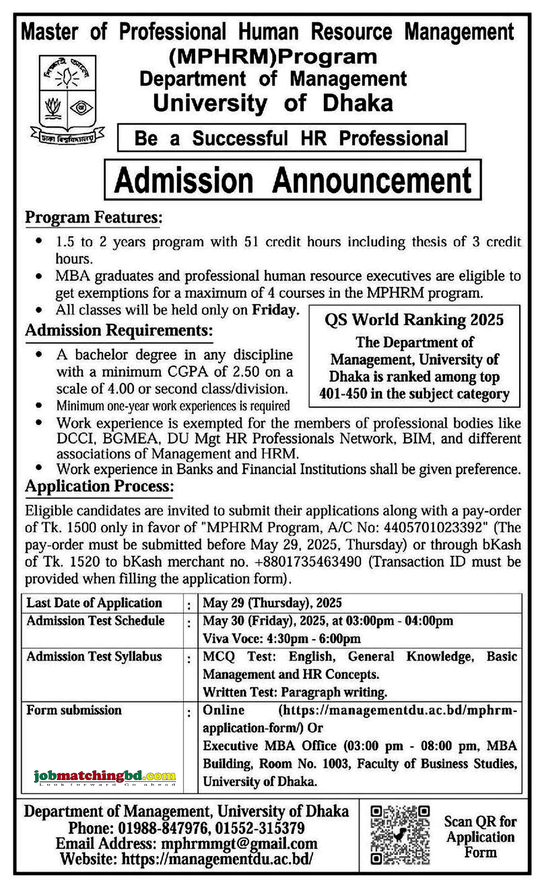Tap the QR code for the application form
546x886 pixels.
399,835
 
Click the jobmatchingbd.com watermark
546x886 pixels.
105,776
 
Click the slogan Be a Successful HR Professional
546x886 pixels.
291,138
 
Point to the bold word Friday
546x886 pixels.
275,310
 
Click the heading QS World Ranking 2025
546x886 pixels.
414,320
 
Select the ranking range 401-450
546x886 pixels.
342,394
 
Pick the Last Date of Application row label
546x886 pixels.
94,603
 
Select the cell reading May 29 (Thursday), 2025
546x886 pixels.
272,603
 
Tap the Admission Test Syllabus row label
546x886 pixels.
94,657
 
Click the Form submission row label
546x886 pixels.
74,710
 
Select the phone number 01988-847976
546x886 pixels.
163,828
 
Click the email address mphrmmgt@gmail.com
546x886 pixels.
239,844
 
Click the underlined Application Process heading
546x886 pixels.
99,486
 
